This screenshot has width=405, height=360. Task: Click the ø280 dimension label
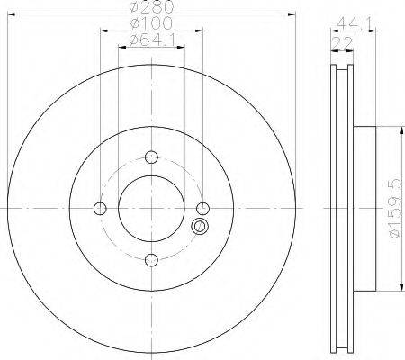point(152,6)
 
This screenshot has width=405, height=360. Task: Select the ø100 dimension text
point(152,23)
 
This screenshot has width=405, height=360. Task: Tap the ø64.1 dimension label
point(152,40)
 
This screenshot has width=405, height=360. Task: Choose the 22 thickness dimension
point(342,44)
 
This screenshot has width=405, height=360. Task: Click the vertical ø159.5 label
point(394,208)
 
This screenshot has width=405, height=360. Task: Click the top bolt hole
point(151,157)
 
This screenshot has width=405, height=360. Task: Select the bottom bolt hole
point(151,260)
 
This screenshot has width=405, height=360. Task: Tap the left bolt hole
point(100,209)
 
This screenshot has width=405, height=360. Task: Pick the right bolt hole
point(203,209)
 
